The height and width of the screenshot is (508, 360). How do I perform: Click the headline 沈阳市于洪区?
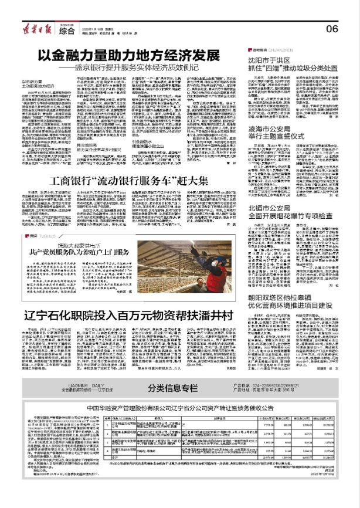pyautogui.click(x=282, y=60)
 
